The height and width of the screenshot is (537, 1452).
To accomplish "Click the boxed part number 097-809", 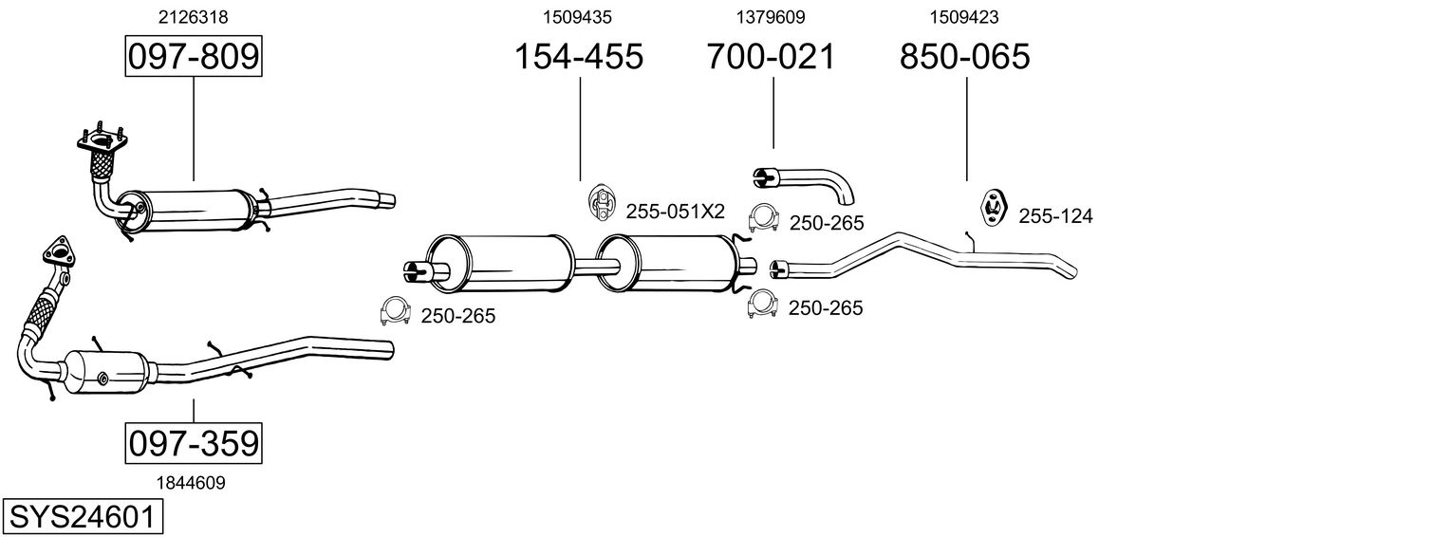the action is (x=194, y=56).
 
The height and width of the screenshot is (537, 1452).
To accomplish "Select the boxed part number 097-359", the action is (x=194, y=444).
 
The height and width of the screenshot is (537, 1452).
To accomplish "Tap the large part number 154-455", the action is (x=578, y=56).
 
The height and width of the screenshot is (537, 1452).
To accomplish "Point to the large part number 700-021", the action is (x=771, y=56).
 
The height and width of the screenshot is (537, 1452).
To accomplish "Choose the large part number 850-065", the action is (x=964, y=56).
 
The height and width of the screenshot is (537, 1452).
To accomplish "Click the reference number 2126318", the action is (x=194, y=17).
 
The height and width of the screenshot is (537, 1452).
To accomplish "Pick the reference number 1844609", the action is (x=191, y=483).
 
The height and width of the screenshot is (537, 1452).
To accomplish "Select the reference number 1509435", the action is (x=577, y=17).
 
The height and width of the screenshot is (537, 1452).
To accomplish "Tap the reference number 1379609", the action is (x=770, y=17).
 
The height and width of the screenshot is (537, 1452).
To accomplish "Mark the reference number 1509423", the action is (x=964, y=17).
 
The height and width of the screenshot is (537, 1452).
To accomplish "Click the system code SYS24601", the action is (x=83, y=517).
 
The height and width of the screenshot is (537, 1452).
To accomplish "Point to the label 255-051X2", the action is (x=675, y=212).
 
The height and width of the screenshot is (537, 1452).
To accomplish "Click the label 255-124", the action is (x=1055, y=215).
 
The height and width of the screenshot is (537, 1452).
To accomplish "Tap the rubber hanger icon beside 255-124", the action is (x=993, y=207).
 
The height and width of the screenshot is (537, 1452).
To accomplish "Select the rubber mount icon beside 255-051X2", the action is (x=602, y=201).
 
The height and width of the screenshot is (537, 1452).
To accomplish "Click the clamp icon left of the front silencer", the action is (x=395, y=311).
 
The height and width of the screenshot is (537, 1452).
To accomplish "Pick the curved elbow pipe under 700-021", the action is (x=805, y=184).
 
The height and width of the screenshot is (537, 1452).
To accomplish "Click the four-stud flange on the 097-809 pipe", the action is (x=102, y=140).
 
